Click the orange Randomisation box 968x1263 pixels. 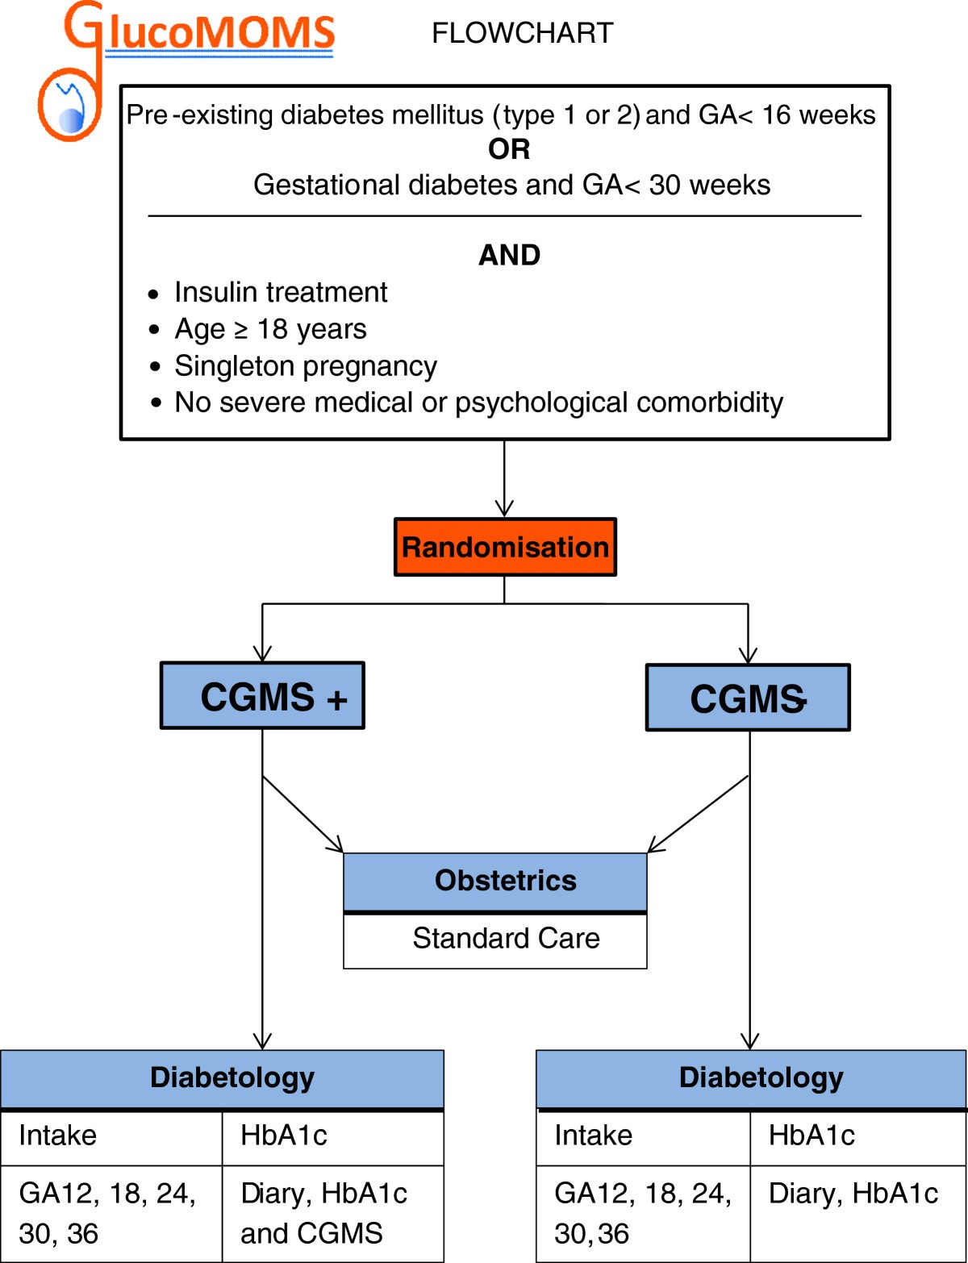505,547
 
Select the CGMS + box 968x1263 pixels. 262,696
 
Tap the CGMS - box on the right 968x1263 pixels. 748,698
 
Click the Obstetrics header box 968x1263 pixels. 495,882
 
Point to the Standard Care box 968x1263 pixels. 495,940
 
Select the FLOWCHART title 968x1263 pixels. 522,34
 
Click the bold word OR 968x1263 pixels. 509,150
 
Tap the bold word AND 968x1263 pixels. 509,256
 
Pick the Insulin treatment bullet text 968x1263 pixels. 281,292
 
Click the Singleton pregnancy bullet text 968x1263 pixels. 305,366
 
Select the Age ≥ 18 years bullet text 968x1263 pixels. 270,329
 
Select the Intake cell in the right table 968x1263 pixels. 594,1136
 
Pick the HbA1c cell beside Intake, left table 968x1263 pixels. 284,1136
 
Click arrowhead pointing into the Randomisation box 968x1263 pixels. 505,508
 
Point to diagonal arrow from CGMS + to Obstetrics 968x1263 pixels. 304,815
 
